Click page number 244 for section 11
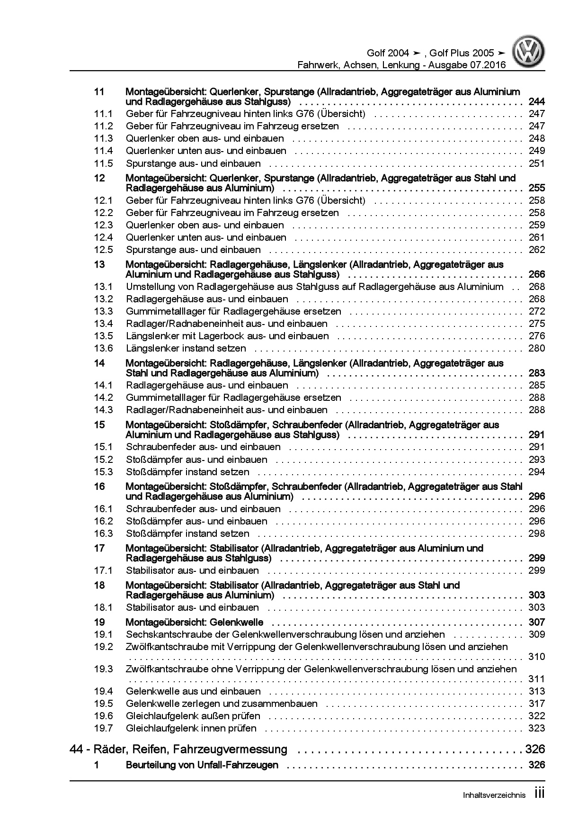[537, 102]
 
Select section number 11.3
[103, 138]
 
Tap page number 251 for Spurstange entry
[537, 163]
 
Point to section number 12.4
[103, 237]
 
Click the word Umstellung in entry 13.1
[149, 287]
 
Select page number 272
[537, 311]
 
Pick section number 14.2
[103, 397]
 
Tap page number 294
[537, 472]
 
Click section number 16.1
[103, 509]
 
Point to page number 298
[537, 533]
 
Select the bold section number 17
[99, 548]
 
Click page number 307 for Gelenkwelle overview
[537, 622]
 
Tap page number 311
[537, 679]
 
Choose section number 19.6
[103, 716]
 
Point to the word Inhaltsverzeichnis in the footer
[494, 795]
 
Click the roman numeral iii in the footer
[539, 794]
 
